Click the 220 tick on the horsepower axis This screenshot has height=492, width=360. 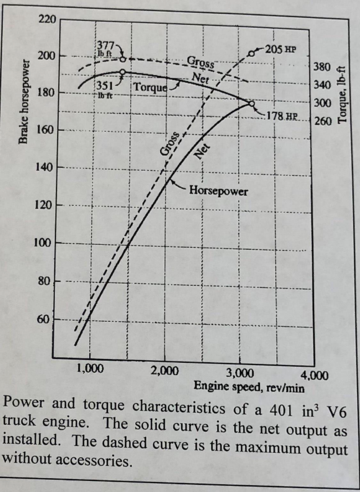point(47,20)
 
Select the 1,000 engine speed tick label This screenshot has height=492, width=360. point(90,370)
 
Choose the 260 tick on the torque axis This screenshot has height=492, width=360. point(322,120)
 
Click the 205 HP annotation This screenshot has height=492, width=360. point(281,49)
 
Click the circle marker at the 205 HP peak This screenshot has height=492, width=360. point(252,53)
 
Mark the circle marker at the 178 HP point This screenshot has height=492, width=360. point(251,104)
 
